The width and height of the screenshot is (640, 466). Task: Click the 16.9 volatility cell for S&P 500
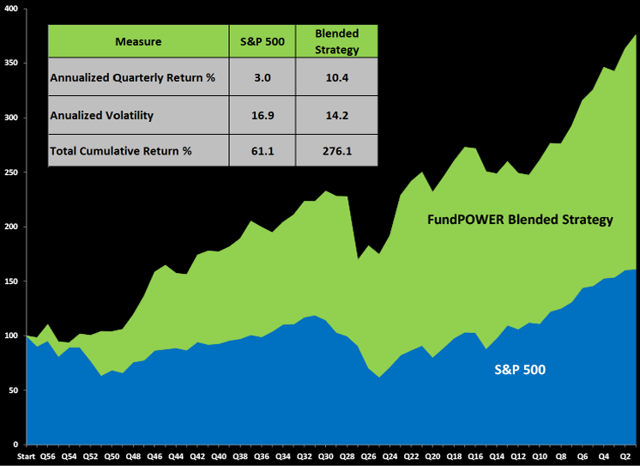pos(262,115)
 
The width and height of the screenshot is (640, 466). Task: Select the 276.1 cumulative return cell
pos(336,151)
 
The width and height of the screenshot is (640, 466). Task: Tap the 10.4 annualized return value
pos(336,78)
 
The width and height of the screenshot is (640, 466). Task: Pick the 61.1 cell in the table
pos(262,151)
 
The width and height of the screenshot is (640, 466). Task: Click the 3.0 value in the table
pos(262,78)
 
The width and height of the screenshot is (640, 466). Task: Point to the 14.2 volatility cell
pos(336,115)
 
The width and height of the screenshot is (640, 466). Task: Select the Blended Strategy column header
pos(336,41)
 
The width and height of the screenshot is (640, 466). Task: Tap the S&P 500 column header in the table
pos(262,41)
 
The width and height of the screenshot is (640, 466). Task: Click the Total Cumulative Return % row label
pos(120,151)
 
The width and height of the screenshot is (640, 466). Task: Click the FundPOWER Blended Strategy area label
pos(520,220)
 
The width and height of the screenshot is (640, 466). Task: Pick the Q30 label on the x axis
pos(326,457)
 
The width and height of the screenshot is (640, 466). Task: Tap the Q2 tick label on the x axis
pos(625,457)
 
